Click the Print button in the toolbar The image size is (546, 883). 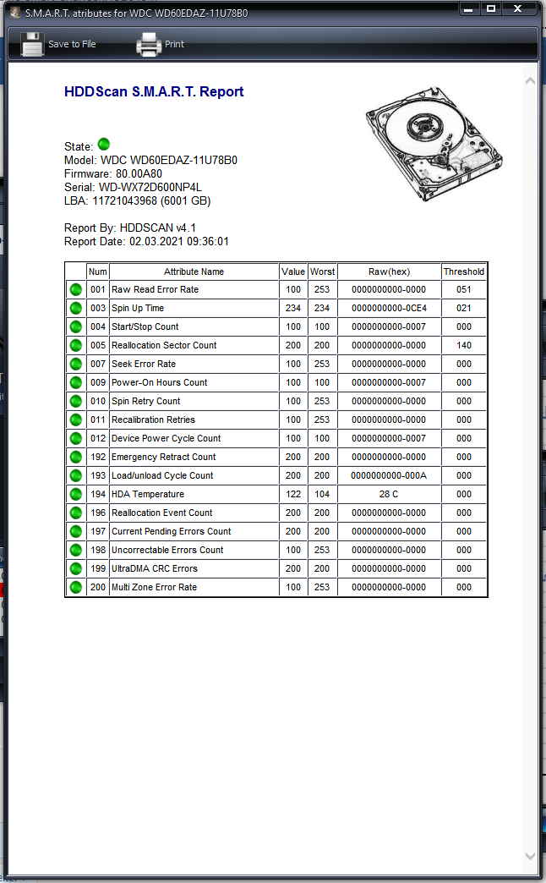point(160,44)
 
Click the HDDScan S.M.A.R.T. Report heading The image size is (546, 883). point(154,92)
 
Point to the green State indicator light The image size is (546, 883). point(104,145)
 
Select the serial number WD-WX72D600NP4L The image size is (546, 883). point(150,187)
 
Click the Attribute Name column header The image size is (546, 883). point(194,271)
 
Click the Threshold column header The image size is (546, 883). point(464,271)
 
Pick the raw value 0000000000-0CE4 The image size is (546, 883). point(389,308)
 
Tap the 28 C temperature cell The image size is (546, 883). point(389,494)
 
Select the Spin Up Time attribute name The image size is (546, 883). point(138,308)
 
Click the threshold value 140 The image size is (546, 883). point(464,345)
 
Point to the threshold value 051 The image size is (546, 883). point(464,289)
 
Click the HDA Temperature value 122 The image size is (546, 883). point(293,494)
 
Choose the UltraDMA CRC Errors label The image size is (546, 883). point(155,568)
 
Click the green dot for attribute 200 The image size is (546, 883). point(76,587)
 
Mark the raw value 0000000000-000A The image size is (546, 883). point(389,475)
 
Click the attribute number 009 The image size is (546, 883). point(98,382)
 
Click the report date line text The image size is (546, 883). point(146,242)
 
